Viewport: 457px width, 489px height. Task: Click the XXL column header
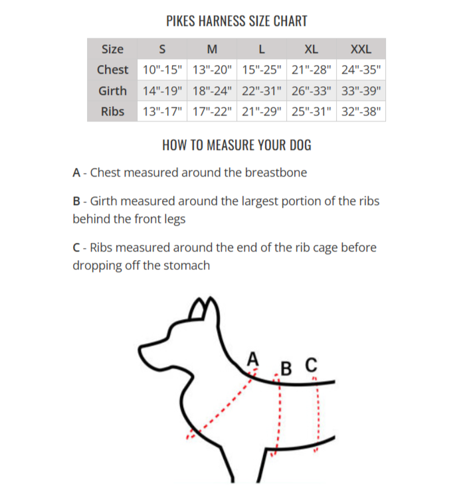click(x=361, y=49)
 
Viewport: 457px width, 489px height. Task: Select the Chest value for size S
click(x=162, y=70)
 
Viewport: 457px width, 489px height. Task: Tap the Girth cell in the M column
click(x=212, y=91)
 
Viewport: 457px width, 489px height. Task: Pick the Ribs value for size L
click(x=262, y=111)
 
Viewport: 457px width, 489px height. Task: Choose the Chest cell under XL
click(x=312, y=70)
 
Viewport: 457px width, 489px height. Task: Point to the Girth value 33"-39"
click(x=361, y=91)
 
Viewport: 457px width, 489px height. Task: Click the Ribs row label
click(x=112, y=111)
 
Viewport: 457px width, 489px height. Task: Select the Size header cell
click(x=112, y=49)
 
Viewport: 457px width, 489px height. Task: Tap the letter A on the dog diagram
click(x=253, y=358)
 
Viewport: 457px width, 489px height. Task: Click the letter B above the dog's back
click(x=286, y=368)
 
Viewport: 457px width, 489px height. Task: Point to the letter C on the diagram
click(x=312, y=364)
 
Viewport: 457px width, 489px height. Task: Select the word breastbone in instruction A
click(x=276, y=173)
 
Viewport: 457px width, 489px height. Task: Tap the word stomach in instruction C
click(x=187, y=265)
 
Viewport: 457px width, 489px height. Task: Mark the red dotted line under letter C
click(x=317, y=414)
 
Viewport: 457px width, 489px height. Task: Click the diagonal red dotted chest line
click(x=222, y=404)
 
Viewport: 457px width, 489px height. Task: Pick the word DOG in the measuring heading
click(x=300, y=145)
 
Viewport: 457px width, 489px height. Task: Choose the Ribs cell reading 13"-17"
click(x=162, y=111)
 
